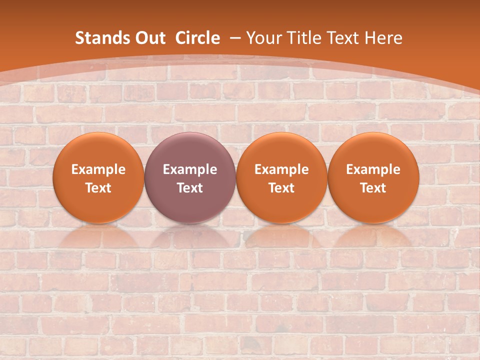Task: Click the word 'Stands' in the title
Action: coord(98,38)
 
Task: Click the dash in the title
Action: coord(236,38)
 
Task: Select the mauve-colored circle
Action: coord(190,177)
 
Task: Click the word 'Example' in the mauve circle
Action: coord(190,169)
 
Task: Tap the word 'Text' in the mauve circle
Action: coord(190,188)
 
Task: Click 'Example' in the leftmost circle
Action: coord(98,169)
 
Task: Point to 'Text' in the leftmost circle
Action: coord(98,188)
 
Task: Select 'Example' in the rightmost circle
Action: coord(373,169)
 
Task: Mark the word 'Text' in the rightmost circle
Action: coord(373,188)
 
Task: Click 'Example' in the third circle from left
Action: coord(281,169)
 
